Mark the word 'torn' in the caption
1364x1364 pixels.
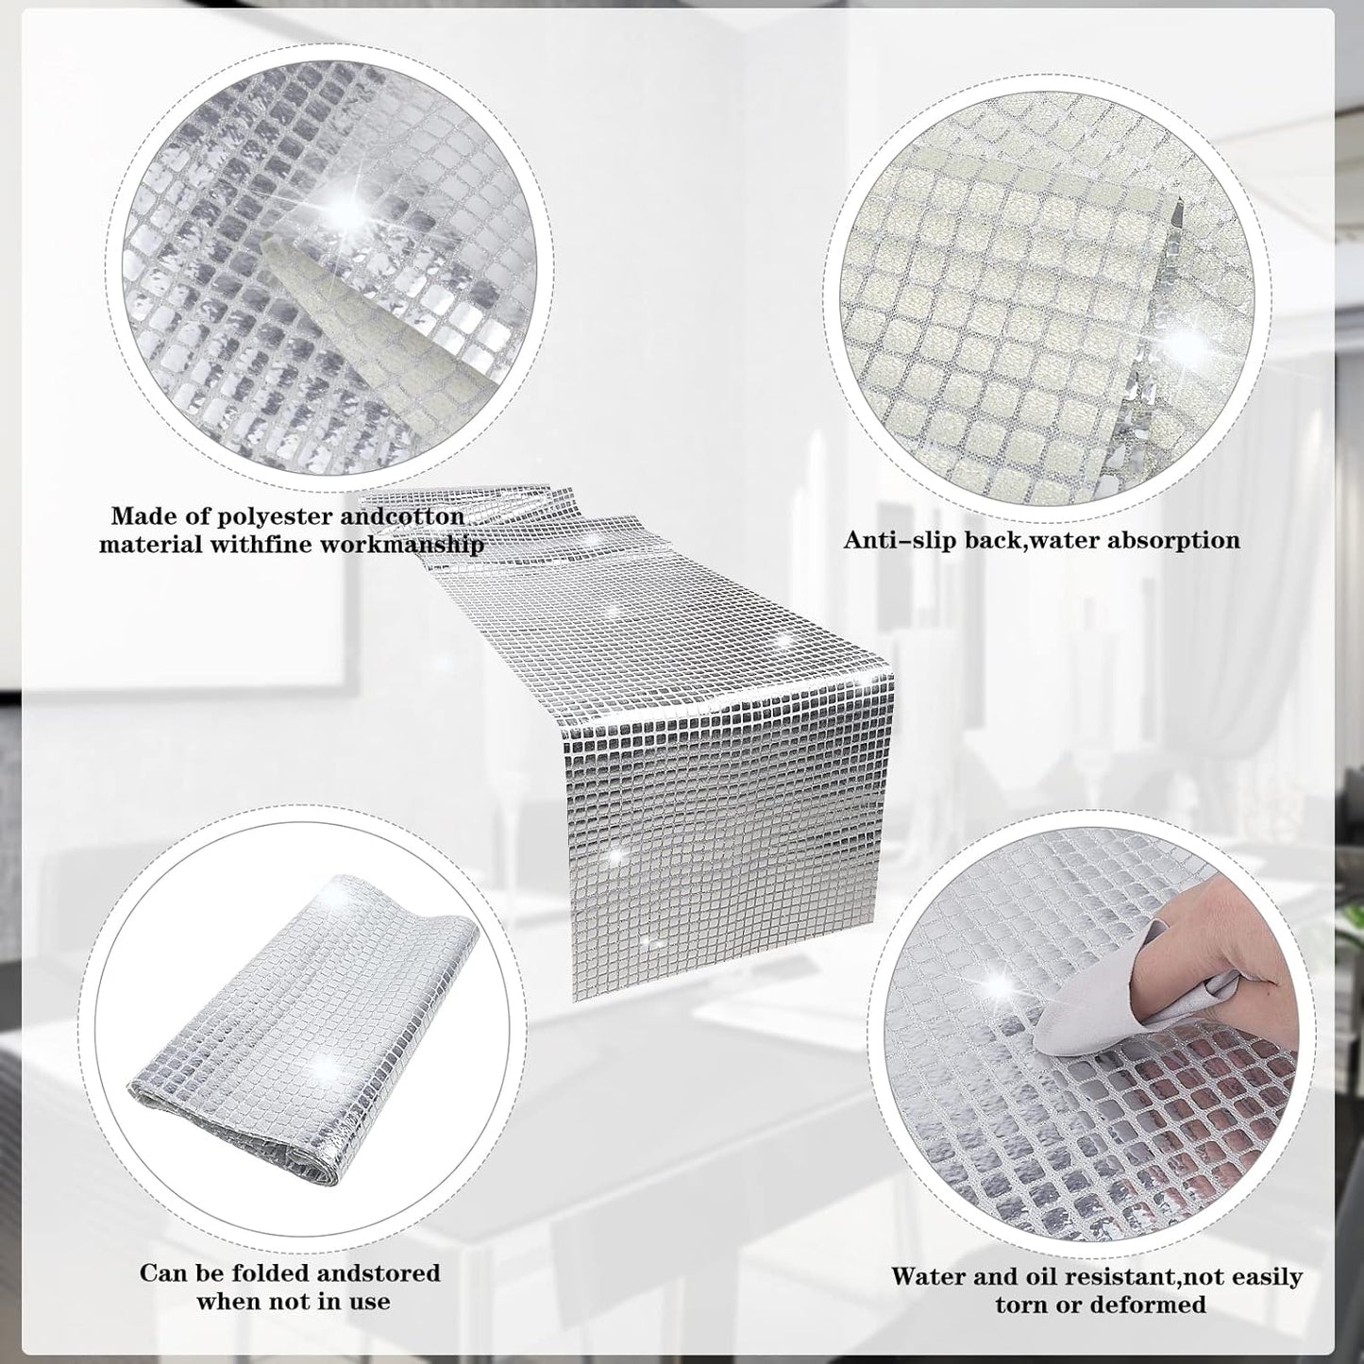click(1020, 1225)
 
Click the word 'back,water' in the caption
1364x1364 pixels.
click(1027, 541)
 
